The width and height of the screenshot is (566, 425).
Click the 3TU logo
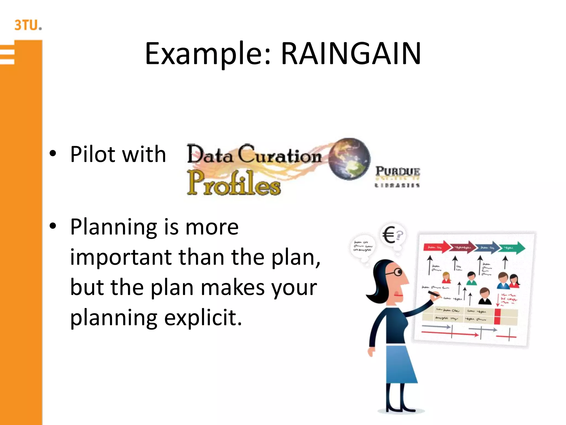point(28,25)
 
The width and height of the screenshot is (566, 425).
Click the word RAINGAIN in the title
point(351,53)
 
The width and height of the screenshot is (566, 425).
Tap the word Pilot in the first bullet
point(94,154)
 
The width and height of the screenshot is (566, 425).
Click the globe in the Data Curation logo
point(349,159)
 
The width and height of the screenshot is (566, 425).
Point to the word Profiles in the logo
point(234,183)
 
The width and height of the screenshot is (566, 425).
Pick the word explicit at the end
point(203,318)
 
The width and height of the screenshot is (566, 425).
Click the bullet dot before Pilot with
point(53,154)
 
